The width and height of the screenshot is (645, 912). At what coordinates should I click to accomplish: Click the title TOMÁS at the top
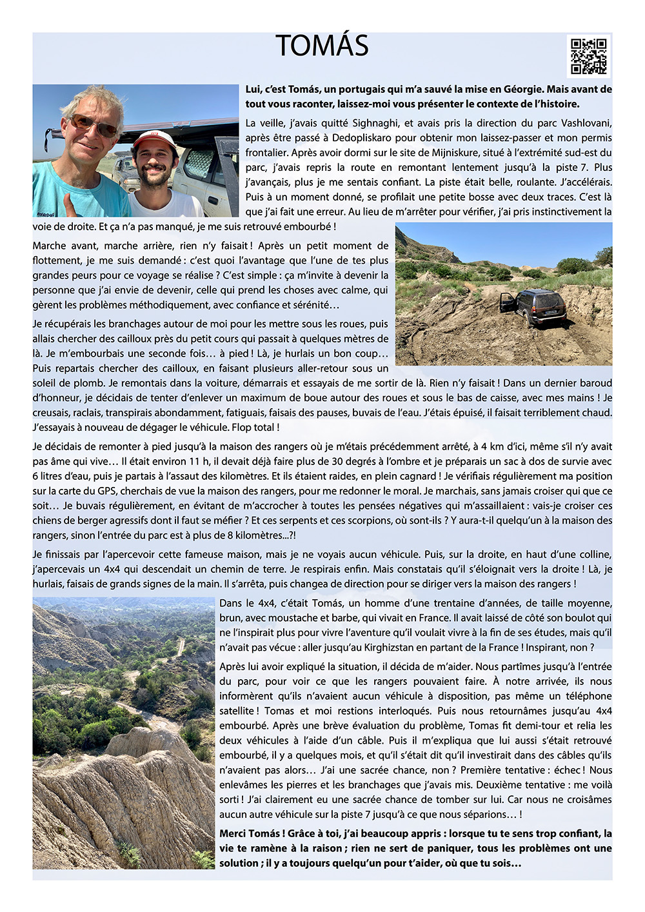tap(322, 46)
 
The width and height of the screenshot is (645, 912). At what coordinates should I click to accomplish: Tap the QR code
tap(589, 56)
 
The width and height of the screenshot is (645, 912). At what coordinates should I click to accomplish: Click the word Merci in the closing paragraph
tap(233, 833)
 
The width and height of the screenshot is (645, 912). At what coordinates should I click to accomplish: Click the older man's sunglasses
tap(94, 124)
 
